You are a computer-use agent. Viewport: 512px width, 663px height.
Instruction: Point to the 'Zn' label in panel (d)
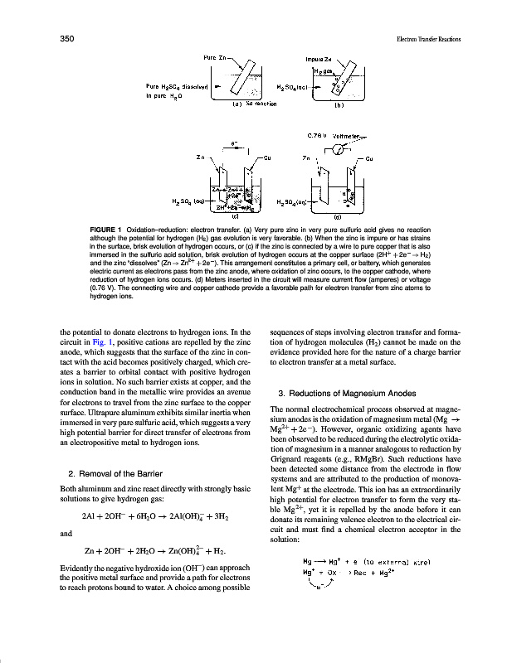[306, 156]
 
